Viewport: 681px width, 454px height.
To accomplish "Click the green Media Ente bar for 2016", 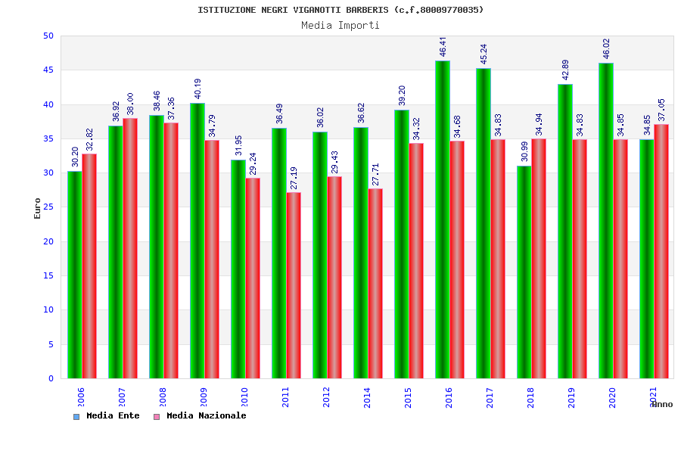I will pos(442,219).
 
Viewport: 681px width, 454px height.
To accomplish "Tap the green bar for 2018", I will pos(524,272).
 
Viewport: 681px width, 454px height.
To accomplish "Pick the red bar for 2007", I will pos(130,248).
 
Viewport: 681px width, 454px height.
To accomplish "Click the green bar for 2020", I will pos(605,220).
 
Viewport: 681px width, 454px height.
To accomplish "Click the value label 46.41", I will pos(443,47).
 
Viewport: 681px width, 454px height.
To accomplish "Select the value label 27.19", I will pos(294,179).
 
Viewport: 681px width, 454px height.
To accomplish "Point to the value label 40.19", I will pos(198,89).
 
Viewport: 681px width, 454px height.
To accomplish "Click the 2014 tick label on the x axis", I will pos(368,397).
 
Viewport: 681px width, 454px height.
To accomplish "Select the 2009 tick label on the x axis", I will pos(204,397).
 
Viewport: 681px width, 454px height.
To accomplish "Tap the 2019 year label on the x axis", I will pos(572,397).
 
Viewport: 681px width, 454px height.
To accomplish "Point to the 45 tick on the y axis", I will pos(48,70).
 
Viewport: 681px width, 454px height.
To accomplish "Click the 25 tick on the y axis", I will pos(48,207).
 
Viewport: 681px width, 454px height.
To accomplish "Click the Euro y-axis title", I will pos(38,208).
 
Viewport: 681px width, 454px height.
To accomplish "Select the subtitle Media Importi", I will pos(340,25).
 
